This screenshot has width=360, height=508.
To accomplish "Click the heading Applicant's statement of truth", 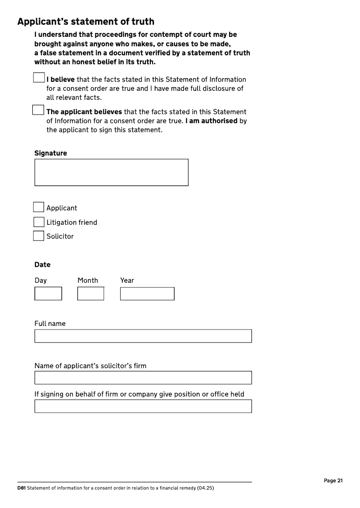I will click(x=85, y=22).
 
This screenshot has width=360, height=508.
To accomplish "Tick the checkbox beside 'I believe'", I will click(x=39, y=78).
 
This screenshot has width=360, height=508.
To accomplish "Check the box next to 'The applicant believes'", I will click(x=38, y=110).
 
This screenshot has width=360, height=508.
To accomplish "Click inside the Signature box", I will click(x=111, y=172).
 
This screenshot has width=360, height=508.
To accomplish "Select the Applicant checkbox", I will click(x=39, y=207).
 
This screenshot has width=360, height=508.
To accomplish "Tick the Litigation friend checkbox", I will click(x=39, y=222).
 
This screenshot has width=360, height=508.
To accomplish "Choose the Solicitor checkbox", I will click(x=39, y=236).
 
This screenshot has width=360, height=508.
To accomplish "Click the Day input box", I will click(x=48, y=294).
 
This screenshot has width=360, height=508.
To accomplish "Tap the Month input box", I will click(x=90, y=294).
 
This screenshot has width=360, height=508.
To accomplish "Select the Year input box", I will click(x=147, y=294).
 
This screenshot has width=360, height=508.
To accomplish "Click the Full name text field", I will click(x=143, y=336).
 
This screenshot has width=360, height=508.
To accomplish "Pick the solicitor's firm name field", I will click(x=143, y=378).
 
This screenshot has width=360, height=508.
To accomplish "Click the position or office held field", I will click(x=143, y=406).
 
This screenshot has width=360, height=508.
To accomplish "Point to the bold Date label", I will click(x=42, y=264).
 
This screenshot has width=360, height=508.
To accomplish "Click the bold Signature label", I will click(x=50, y=153).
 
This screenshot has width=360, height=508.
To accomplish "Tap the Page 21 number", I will click(x=333, y=481).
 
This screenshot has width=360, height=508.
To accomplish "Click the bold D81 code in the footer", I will click(x=21, y=488).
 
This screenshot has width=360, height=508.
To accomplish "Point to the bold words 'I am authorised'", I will click(x=211, y=121).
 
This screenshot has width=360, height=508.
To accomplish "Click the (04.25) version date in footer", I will click(x=205, y=488).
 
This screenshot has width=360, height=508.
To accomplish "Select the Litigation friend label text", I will click(x=72, y=222).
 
